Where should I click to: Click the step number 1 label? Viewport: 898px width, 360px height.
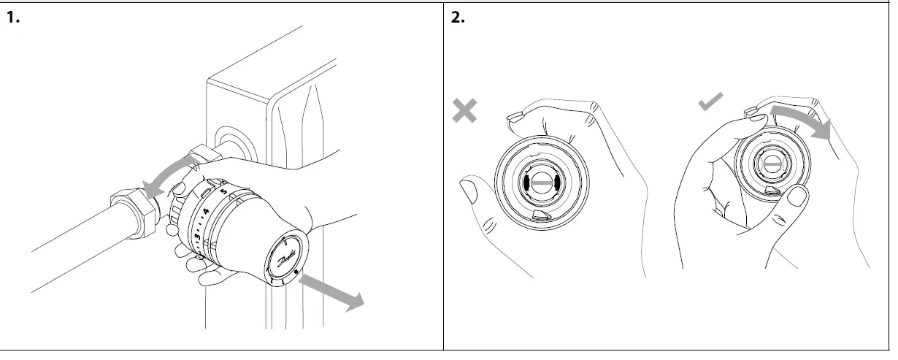(x=12, y=18)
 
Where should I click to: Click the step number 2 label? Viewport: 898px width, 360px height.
(x=457, y=18)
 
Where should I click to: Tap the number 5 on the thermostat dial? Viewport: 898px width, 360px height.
(x=224, y=192)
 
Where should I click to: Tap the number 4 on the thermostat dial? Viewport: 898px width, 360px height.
(x=207, y=212)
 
